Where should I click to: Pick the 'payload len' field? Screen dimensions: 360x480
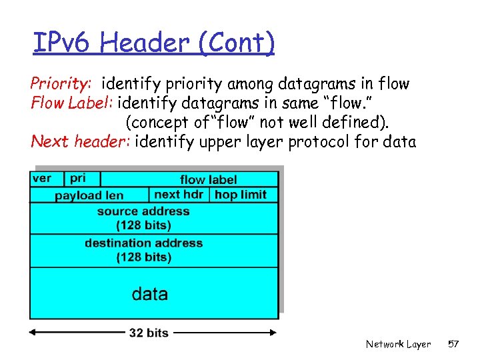(89, 195)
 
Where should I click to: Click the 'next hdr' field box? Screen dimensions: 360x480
(179, 194)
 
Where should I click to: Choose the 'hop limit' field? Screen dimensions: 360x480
(241, 194)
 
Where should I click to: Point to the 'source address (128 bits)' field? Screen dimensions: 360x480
(143, 218)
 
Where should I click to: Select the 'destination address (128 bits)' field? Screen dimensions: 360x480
(143, 250)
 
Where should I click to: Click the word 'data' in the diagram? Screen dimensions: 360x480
(150, 293)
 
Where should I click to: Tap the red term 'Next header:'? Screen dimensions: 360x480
(81, 141)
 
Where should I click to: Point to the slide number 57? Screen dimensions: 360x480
(453, 344)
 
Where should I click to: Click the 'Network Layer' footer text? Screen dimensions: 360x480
(398, 344)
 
